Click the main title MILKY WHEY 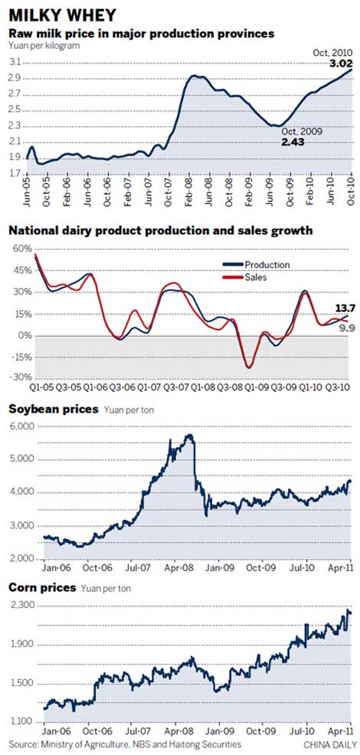pos(63,15)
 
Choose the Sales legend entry pos(256,278)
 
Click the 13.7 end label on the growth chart pos(341,308)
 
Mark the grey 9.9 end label pos(342,327)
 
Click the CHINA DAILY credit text pos(328,744)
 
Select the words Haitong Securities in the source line pos(208,744)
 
